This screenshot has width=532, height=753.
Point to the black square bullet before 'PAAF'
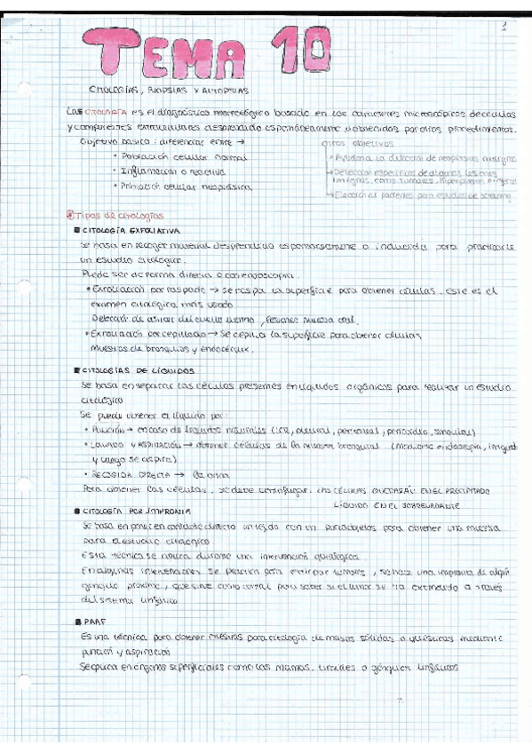(x=80, y=625)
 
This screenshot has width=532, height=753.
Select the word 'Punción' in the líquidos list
(x=106, y=428)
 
